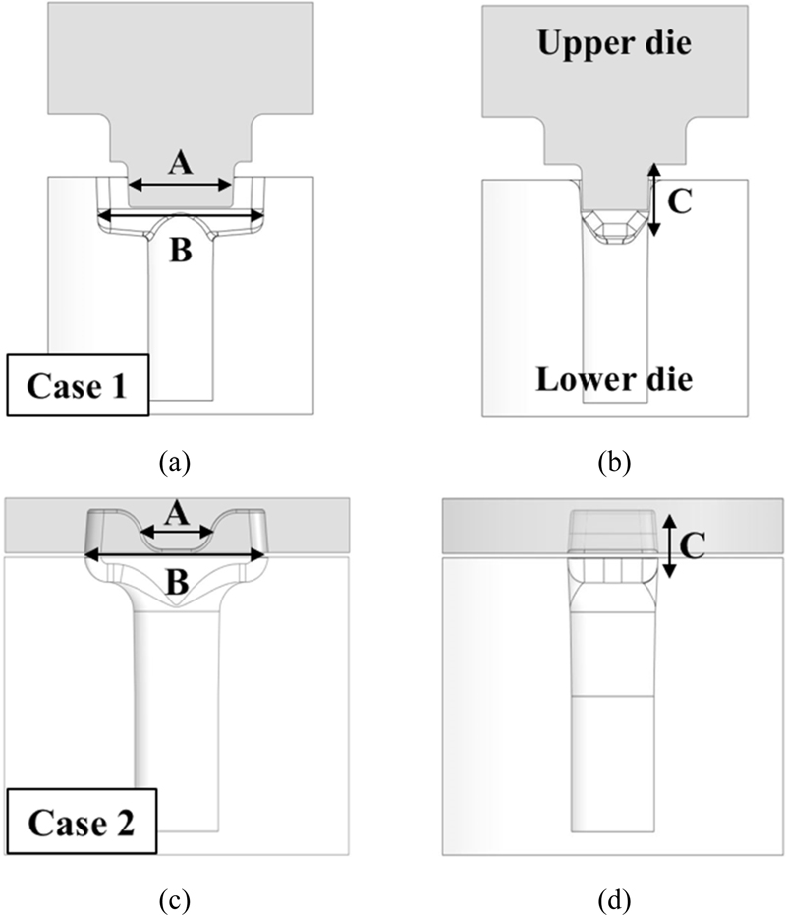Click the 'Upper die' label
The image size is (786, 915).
(x=613, y=42)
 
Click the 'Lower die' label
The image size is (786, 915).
(x=612, y=379)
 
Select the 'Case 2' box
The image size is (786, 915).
(x=82, y=821)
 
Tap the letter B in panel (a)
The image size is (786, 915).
(x=180, y=251)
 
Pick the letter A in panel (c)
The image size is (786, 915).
(x=176, y=512)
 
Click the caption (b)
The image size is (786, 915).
(x=615, y=461)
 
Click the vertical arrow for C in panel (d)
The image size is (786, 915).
(x=668, y=546)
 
